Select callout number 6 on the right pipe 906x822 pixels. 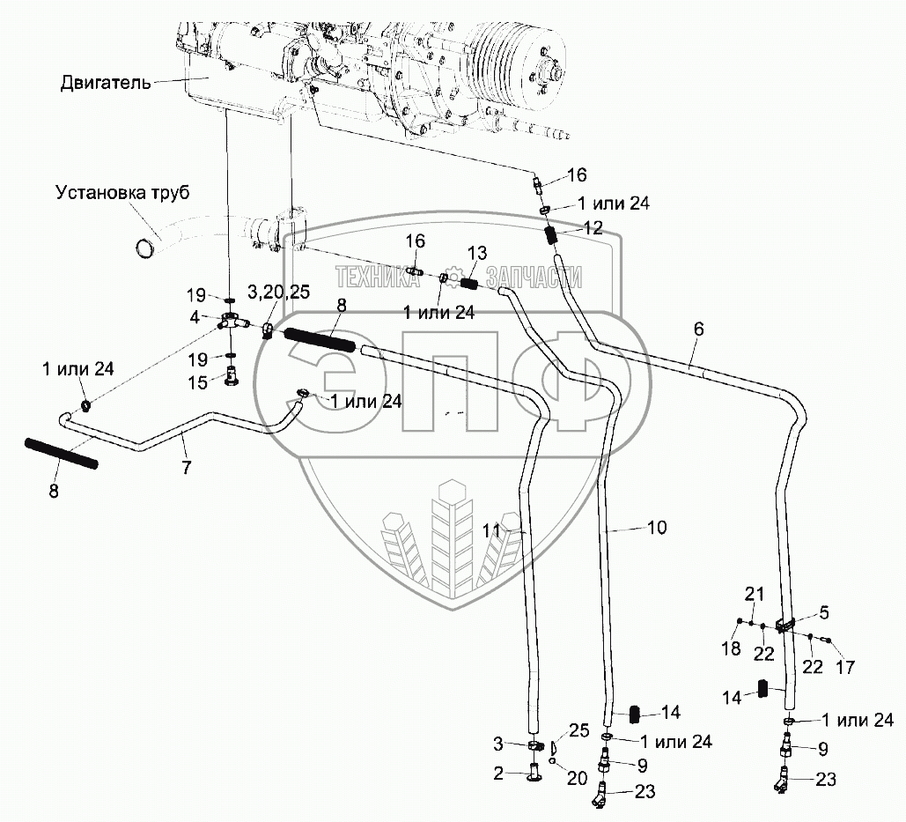(699, 329)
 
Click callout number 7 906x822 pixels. (186, 468)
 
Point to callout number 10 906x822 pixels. (657, 528)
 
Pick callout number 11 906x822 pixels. (490, 531)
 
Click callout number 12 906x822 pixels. (592, 227)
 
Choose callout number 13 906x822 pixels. (475, 254)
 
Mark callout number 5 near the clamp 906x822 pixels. (824, 611)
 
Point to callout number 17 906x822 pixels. (844, 668)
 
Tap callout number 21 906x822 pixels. (755, 594)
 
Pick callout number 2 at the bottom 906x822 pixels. (497, 774)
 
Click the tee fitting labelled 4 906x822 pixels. (230, 322)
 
